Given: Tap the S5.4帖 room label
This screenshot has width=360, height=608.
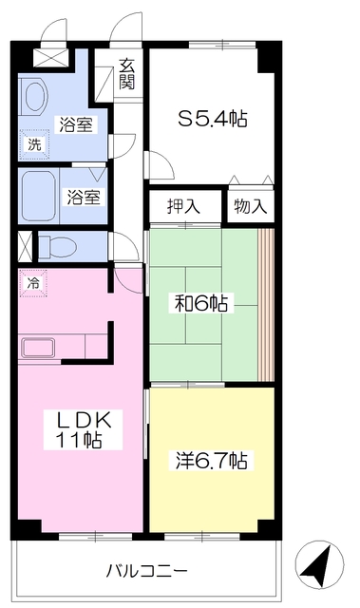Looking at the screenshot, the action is (213, 119).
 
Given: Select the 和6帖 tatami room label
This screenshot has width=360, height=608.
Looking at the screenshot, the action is (201, 303).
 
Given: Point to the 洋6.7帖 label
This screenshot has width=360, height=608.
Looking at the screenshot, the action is (212, 461).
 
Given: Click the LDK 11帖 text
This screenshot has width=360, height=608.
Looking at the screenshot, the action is (83, 430).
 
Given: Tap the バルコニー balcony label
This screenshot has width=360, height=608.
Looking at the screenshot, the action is (147, 570).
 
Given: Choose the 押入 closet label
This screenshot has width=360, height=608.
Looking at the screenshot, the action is (183, 206).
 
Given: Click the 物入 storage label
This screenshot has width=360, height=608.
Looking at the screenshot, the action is (251, 206).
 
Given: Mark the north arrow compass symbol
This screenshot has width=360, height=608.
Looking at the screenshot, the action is (319, 564).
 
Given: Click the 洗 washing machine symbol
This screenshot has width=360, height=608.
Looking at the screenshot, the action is (35, 144).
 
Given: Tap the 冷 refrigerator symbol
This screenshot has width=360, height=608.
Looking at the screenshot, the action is (33, 283).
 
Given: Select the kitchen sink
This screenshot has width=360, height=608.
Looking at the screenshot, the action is (38, 348).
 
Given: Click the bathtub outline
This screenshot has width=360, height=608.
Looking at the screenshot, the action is (38, 197).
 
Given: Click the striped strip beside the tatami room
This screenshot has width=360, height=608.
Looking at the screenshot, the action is (266, 304).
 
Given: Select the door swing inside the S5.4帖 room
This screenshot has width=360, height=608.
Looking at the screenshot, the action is (160, 164).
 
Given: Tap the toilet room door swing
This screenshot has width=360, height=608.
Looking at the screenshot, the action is (123, 246).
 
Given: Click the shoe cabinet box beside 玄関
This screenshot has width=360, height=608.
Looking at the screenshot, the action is (104, 85).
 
